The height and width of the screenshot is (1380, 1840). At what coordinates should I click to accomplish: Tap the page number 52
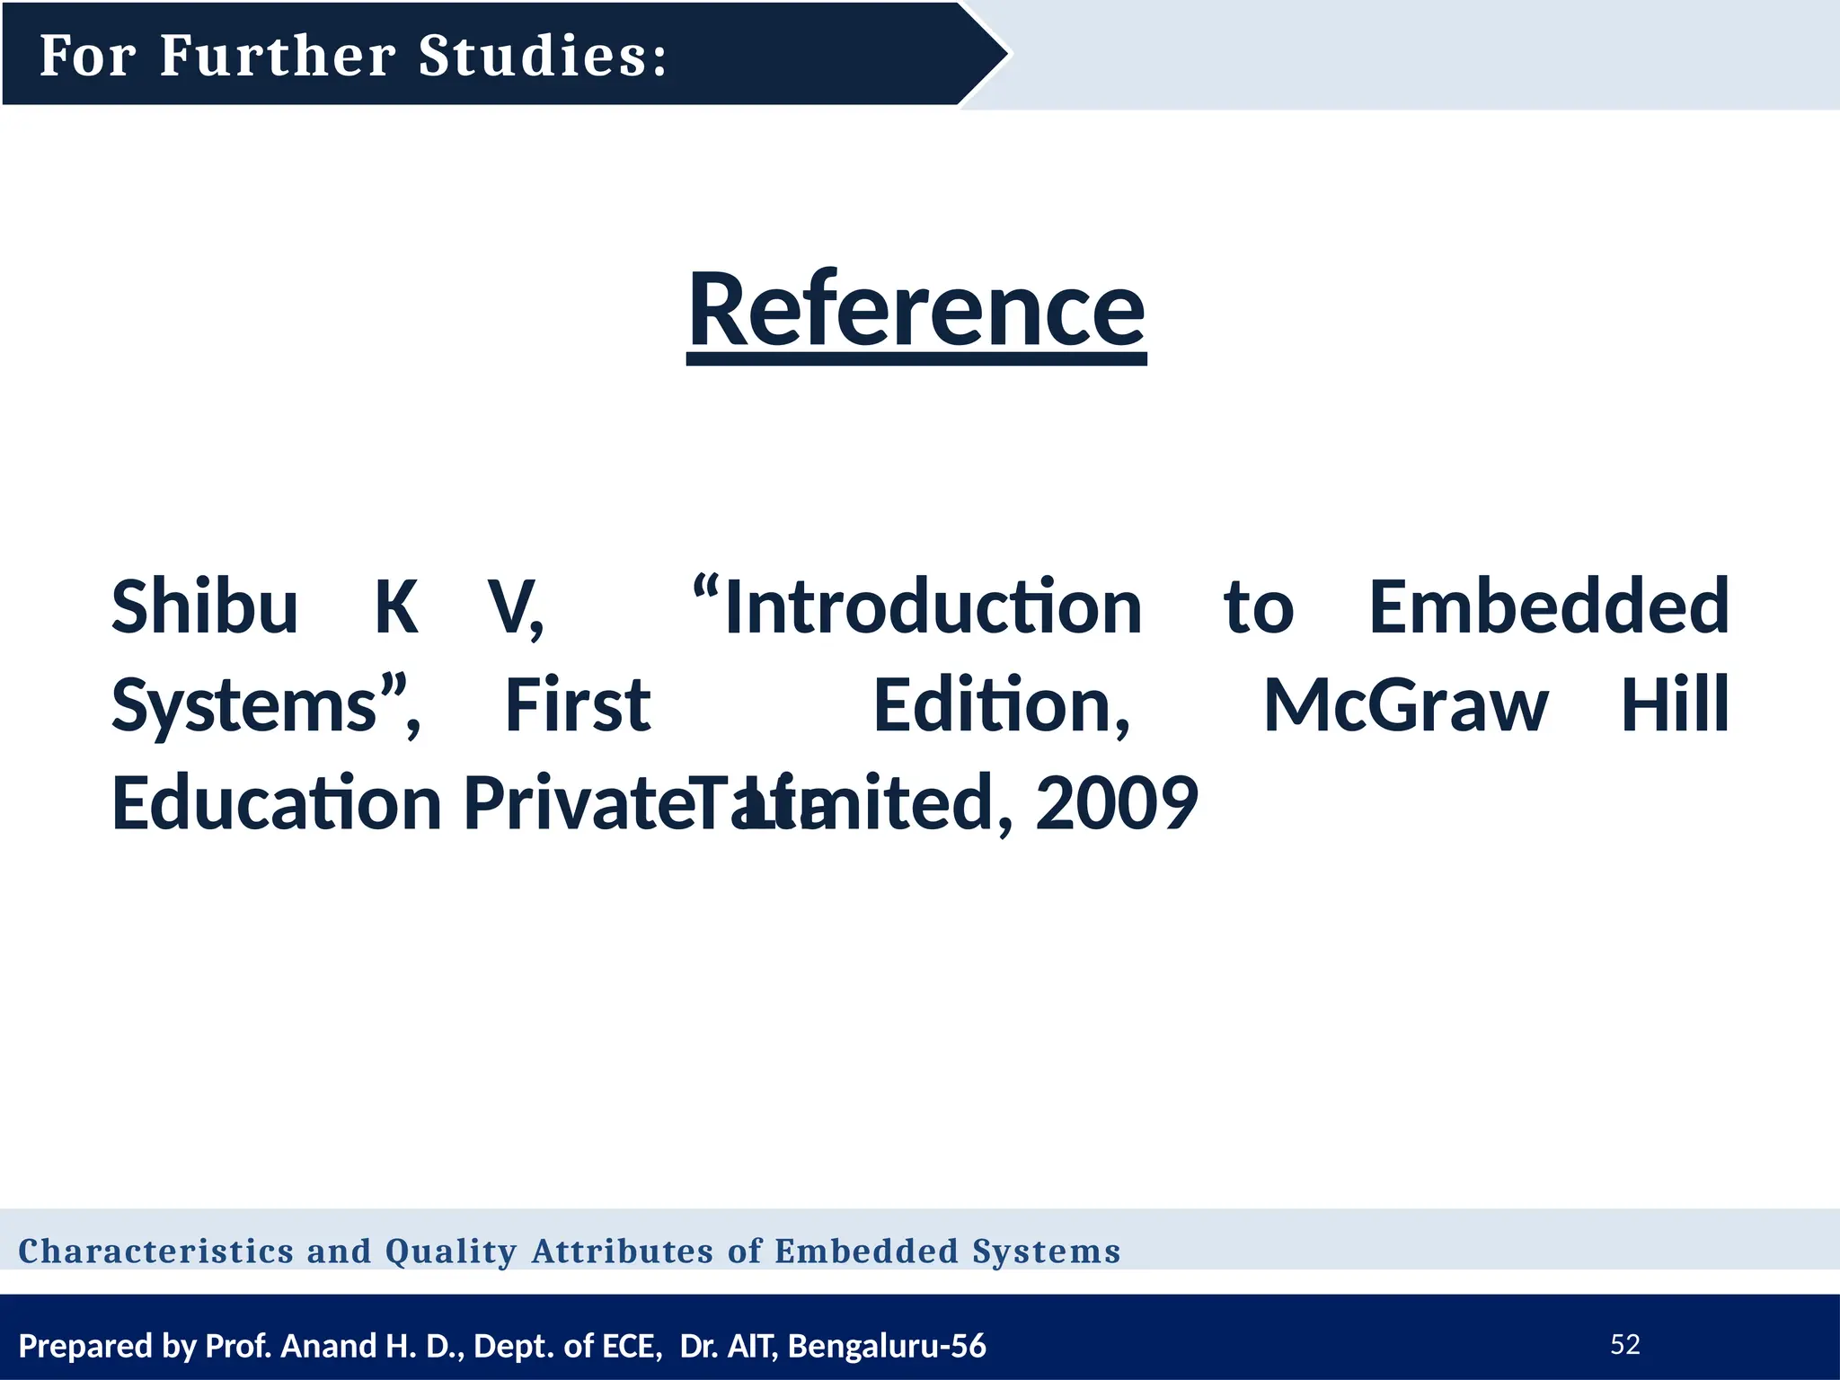click(1625, 1344)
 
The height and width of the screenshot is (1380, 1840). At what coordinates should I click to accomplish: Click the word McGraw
click(1405, 705)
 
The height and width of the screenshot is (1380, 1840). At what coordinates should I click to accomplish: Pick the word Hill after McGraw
click(1675, 705)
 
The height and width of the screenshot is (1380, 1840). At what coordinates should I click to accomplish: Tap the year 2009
click(1116, 802)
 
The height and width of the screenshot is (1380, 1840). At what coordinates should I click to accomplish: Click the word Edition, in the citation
click(1001, 705)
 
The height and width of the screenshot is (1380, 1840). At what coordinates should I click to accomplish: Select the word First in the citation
click(578, 705)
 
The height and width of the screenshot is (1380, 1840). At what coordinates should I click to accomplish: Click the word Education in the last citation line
click(276, 802)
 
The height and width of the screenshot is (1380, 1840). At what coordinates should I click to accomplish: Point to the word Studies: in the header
click(544, 56)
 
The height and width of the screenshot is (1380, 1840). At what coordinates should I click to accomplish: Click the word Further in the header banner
click(278, 56)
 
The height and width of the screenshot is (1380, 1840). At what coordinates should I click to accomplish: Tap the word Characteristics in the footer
click(156, 1251)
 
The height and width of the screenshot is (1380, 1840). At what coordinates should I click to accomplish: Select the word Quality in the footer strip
click(451, 1251)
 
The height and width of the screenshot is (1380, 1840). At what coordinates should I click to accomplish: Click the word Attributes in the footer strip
click(623, 1251)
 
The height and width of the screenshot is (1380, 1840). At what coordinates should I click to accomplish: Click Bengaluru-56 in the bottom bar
click(887, 1346)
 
